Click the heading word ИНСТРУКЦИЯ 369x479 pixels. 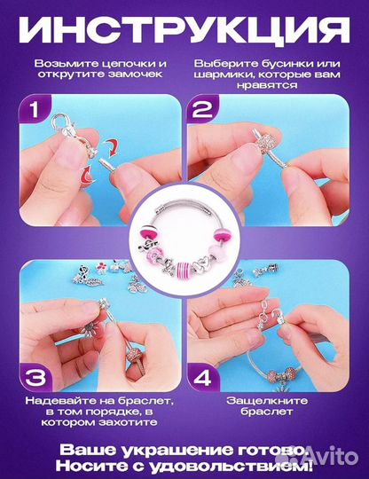tap(184, 29)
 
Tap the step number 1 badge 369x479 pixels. tap(35, 109)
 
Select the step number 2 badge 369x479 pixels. tap(202, 109)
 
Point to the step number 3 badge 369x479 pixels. tap(35, 378)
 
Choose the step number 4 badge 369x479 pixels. tap(203, 378)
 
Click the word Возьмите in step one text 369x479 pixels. tap(62, 64)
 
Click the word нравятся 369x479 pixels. tap(267, 85)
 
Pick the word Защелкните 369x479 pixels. tap(267, 400)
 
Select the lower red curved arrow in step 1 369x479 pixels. tap(87, 174)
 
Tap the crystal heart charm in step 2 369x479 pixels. tap(269, 139)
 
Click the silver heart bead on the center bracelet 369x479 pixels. tap(200, 264)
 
